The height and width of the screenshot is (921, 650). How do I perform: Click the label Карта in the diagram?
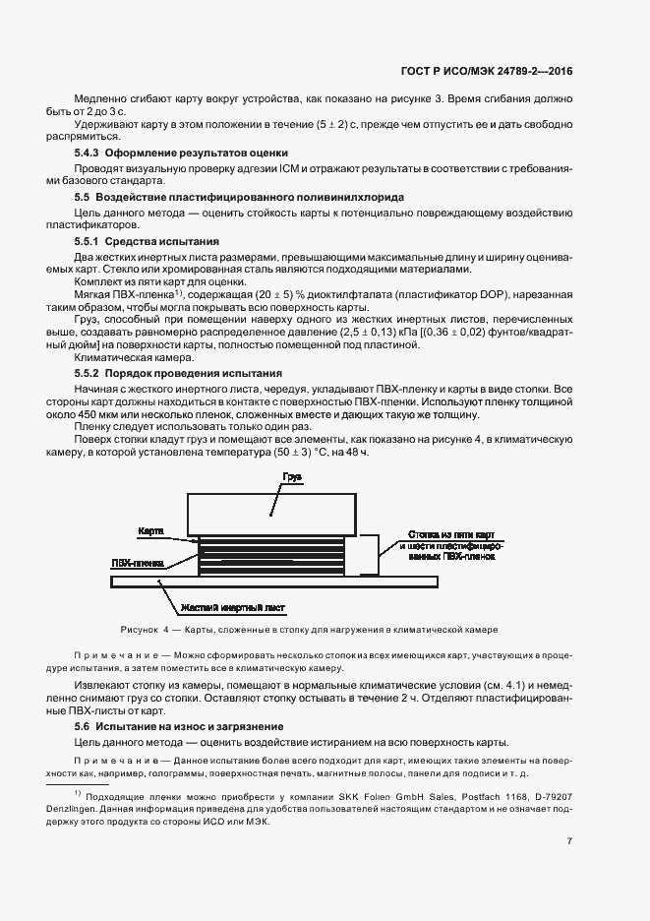(x=149, y=530)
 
